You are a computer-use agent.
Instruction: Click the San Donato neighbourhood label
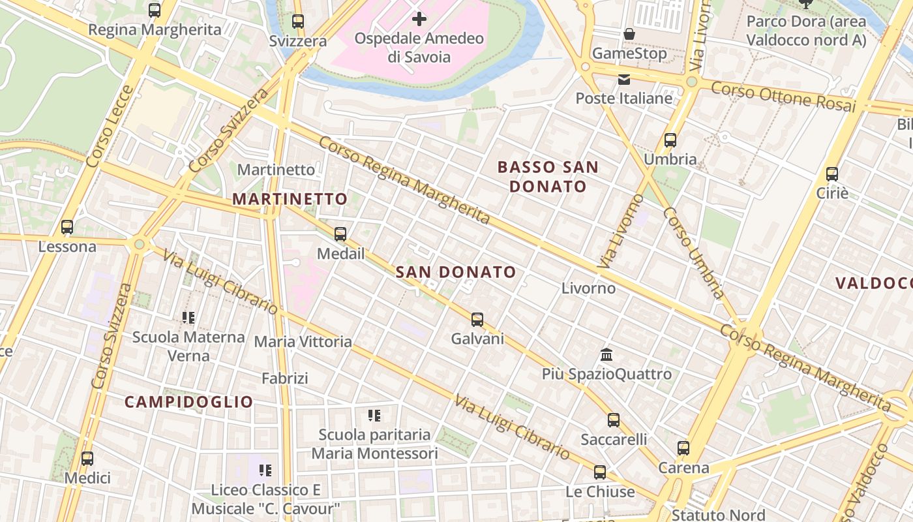(x=456, y=272)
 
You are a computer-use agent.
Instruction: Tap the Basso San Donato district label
(x=548, y=177)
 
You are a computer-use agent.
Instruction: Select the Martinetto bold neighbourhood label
(x=290, y=199)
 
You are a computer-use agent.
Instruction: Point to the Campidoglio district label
(x=188, y=402)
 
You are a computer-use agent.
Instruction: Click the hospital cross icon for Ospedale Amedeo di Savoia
(x=419, y=18)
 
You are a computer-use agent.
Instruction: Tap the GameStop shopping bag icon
(x=629, y=34)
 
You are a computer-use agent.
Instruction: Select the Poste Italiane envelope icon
(x=624, y=80)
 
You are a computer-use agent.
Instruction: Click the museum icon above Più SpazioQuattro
(x=606, y=355)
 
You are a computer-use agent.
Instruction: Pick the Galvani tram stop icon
(x=477, y=319)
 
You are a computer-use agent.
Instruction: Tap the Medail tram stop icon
(x=340, y=234)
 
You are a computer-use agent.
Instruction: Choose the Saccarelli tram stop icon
(x=614, y=420)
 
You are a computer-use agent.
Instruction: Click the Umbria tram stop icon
(x=670, y=140)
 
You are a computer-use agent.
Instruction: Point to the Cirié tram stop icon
(x=832, y=174)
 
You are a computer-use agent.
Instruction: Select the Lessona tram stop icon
(x=67, y=227)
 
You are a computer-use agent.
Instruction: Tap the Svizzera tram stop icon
(x=298, y=21)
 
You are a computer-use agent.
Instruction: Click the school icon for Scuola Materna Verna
(x=188, y=318)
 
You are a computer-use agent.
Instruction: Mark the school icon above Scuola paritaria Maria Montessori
(x=374, y=415)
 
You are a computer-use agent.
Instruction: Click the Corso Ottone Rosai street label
(x=783, y=96)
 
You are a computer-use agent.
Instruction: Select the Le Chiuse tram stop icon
(x=600, y=472)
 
